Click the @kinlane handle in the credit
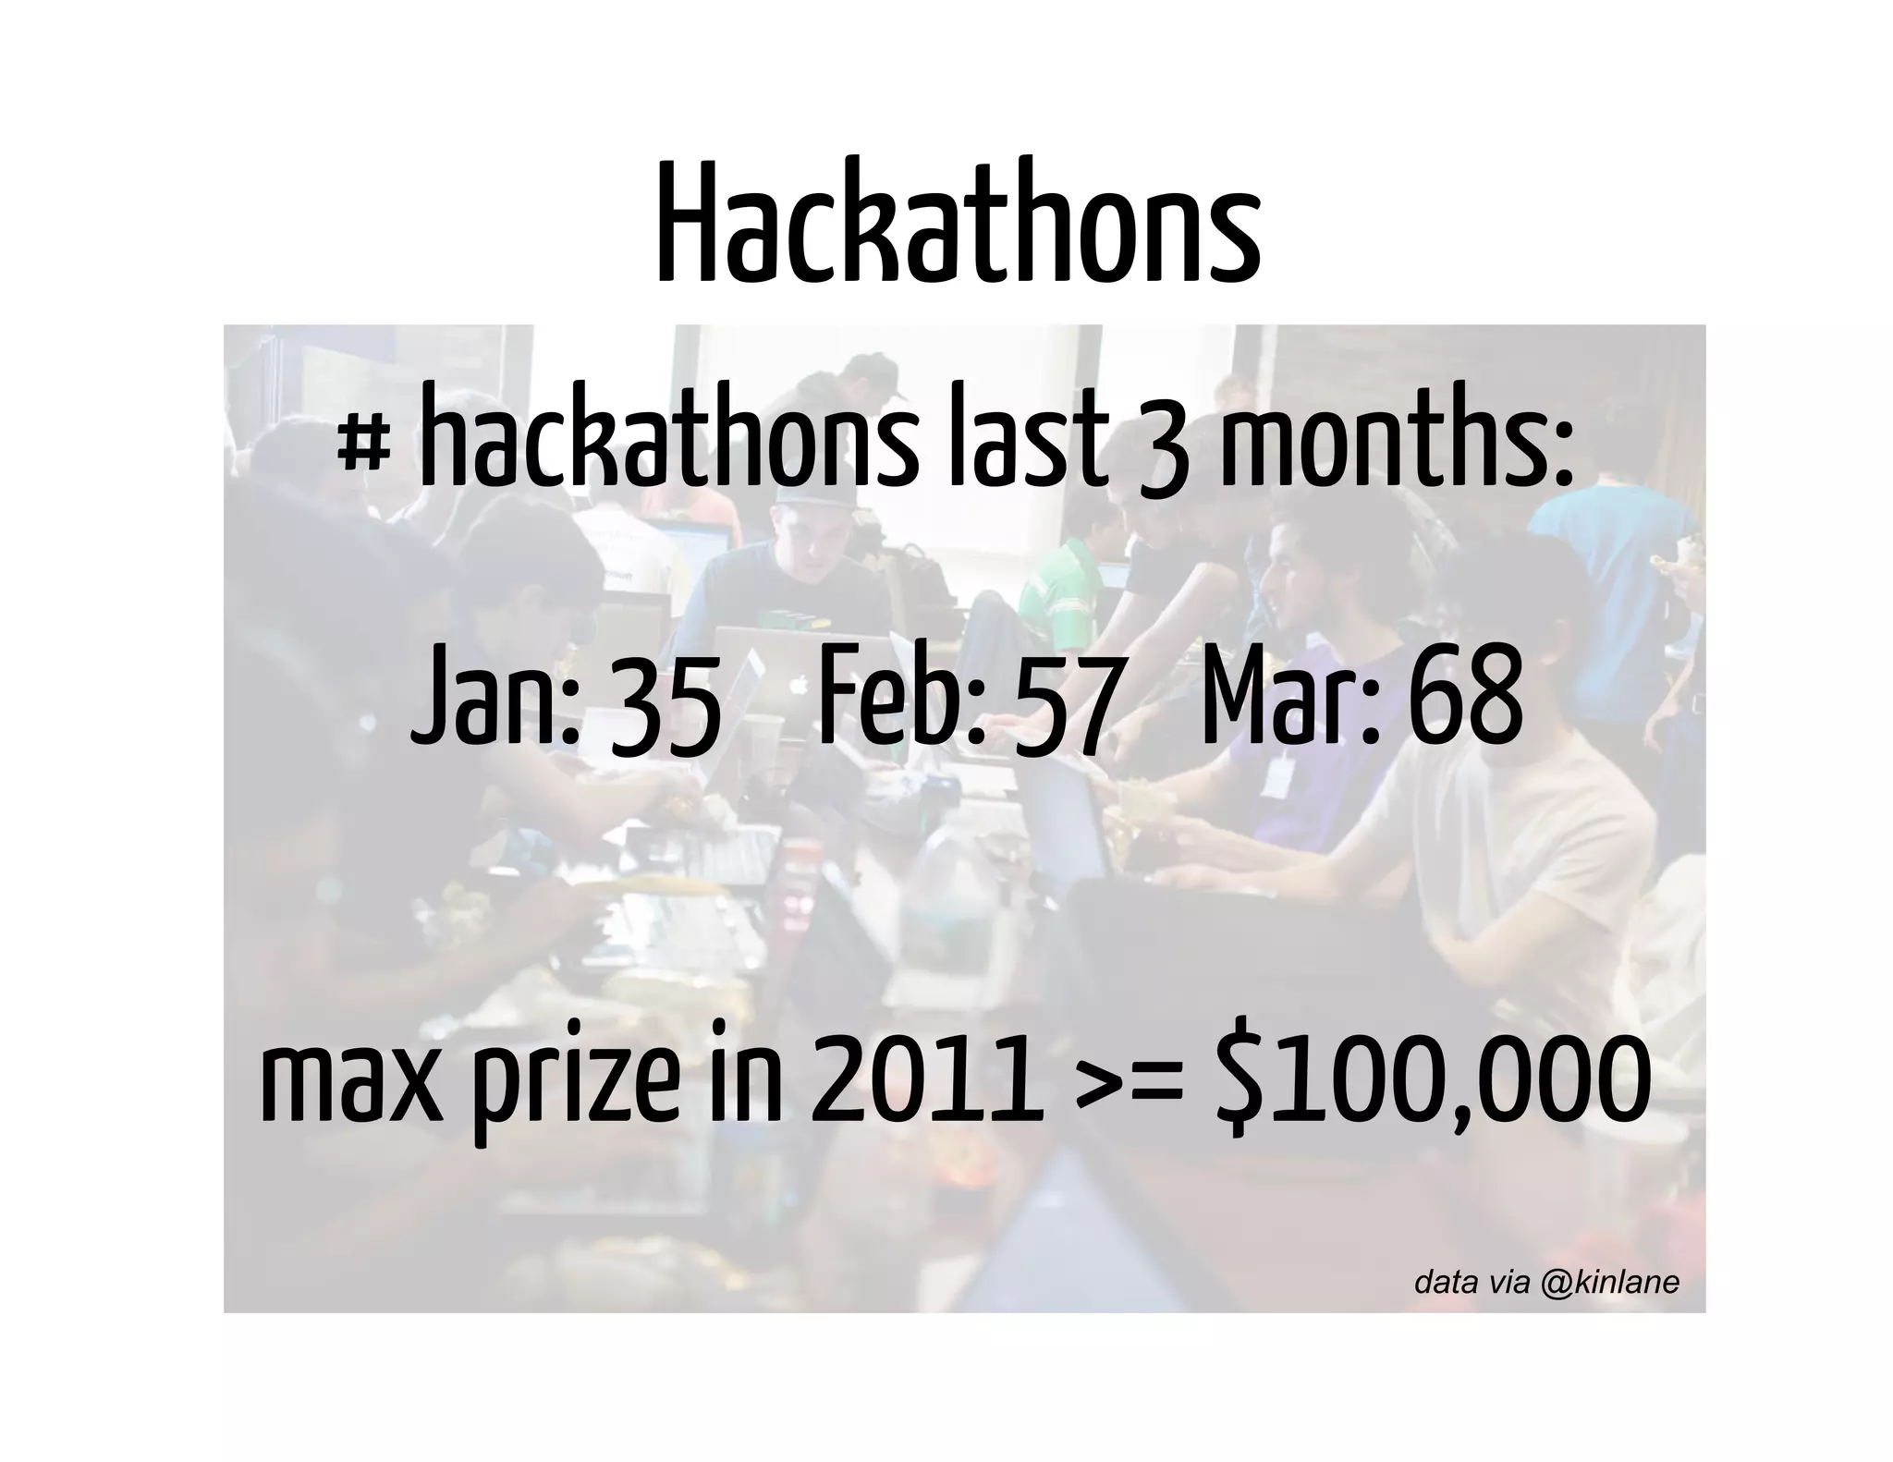[1610, 1282]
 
